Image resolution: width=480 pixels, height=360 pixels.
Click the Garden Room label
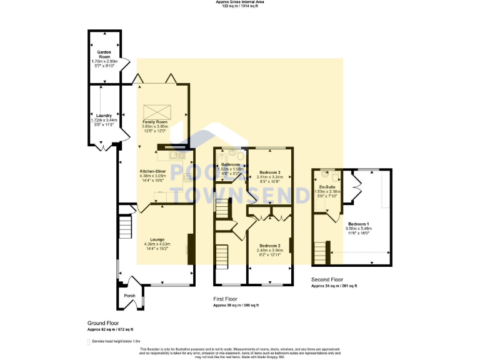[x=104, y=54]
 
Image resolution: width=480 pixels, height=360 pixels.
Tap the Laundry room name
[x=104, y=116]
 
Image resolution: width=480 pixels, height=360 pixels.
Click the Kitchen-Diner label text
[x=153, y=171]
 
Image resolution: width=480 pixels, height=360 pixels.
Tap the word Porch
[x=129, y=296]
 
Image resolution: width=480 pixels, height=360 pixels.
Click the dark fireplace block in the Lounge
[x=191, y=249]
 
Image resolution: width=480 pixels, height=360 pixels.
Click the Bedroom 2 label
[x=270, y=246]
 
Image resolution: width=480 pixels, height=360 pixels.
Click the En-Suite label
[x=326, y=187]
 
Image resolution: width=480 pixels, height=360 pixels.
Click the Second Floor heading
[x=327, y=279]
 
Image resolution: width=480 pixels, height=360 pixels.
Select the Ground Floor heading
[x=102, y=323]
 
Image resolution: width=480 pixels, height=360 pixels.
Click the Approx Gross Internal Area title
[x=240, y=3]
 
